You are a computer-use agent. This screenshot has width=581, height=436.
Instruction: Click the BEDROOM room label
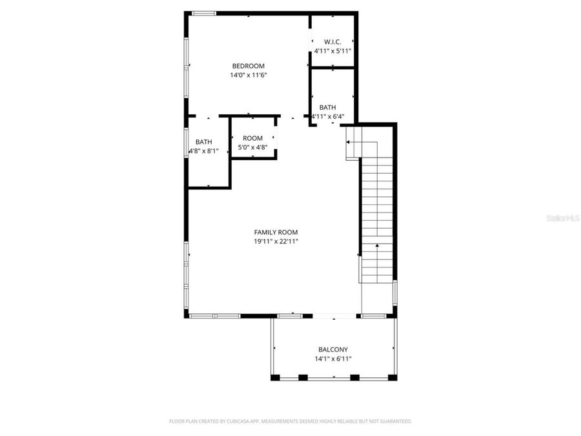tap(249, 66)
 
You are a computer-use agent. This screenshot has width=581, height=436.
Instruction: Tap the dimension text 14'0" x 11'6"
tap(249, 76)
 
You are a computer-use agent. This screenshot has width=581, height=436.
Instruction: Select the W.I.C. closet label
tap(332, 41)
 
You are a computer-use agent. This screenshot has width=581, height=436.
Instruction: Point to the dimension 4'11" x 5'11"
tap(332, 51)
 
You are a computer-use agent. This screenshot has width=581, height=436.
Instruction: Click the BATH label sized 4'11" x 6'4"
tap(327, 107)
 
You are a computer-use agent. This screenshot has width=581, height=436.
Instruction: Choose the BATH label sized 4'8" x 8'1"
tap(204, 142)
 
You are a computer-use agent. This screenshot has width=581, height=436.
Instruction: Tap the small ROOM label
tap(252, 138)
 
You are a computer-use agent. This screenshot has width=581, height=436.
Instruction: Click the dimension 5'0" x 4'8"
tap(252, 147)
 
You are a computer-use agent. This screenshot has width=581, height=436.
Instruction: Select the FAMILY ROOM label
tap(276, 232)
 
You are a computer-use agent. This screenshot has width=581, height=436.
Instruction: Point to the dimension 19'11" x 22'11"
tap(276, 242)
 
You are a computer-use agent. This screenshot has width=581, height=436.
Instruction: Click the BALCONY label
tap(333, 349)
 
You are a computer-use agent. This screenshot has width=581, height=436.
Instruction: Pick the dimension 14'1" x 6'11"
tap(333, 359)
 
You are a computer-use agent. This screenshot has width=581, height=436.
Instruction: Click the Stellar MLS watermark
tap(563, 218)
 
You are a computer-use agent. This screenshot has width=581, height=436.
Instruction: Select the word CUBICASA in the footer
tap(238, 421)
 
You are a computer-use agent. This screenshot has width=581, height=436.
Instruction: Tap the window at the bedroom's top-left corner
tap(205, 13)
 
